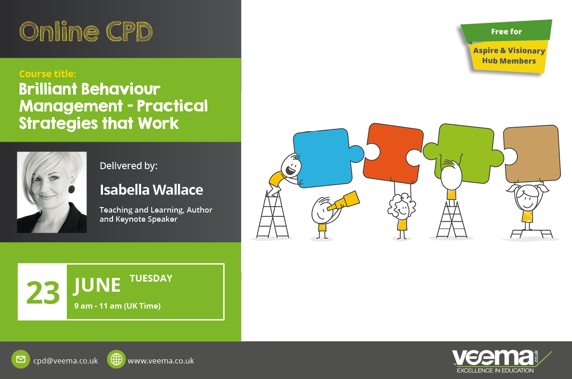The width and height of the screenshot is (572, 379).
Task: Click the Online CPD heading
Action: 86,32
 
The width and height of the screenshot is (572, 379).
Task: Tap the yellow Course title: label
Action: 48,74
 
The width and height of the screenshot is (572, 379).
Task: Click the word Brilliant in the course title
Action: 48,89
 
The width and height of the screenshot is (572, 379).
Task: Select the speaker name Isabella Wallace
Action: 151,190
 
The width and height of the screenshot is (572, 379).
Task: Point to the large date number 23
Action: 43,293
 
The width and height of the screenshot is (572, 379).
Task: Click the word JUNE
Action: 97,286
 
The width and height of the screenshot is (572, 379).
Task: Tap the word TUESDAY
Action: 151,278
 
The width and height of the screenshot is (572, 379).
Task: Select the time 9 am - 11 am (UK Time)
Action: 118,306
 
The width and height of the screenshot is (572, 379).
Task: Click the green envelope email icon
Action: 21,359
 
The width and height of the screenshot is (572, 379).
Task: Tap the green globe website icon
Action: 116,359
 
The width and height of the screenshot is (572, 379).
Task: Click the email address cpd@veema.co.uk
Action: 65,361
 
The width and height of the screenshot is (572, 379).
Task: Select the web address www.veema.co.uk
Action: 161,361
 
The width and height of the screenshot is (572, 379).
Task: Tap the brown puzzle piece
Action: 533,154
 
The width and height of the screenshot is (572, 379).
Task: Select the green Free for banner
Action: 506,31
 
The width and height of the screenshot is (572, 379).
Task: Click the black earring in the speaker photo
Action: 72,189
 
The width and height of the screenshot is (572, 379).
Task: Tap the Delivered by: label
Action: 129,166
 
